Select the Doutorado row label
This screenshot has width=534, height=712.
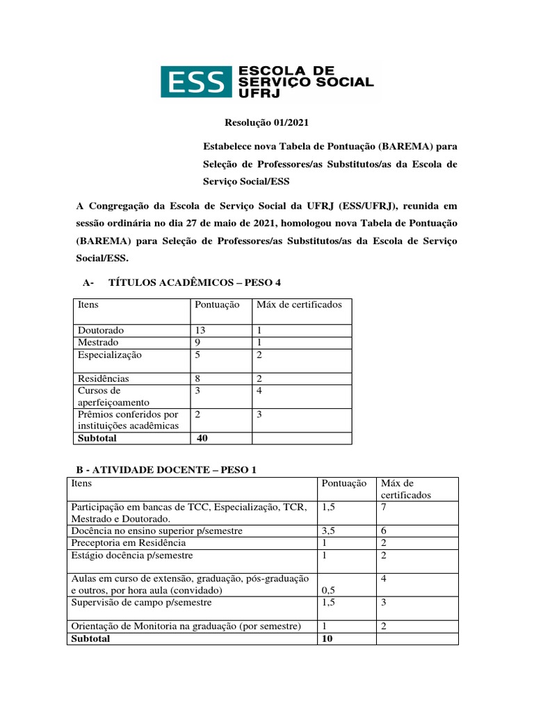click(x=101, y=330)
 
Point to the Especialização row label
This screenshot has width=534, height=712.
click(x=110, y=355)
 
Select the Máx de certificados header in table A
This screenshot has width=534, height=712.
click(x=299, y=305)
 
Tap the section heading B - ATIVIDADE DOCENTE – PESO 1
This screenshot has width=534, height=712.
click(x=162, y=469)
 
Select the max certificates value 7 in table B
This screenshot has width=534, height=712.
click(x=385, y=507)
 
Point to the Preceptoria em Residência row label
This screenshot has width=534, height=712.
click(x=128, y=542)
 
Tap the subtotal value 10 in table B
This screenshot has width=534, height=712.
click(x=326, y=638)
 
